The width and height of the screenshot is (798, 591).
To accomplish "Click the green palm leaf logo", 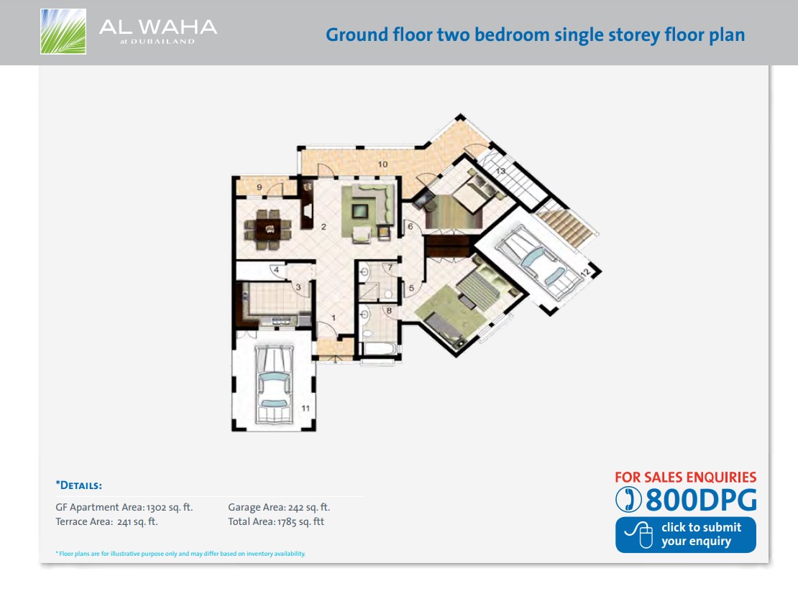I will [63, 32].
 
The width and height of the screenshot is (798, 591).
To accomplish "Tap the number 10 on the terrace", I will [382, 164].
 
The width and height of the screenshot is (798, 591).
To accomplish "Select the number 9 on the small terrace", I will [259, 188].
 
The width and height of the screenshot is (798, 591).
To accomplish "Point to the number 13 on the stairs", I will [500, 170].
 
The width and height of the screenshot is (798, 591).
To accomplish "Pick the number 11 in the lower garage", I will [306, 408].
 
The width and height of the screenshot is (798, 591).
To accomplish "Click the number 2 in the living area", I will [324, 228].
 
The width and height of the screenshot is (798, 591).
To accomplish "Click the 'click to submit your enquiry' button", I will [685, 534].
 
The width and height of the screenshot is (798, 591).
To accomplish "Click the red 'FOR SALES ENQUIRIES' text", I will [685, 477].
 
